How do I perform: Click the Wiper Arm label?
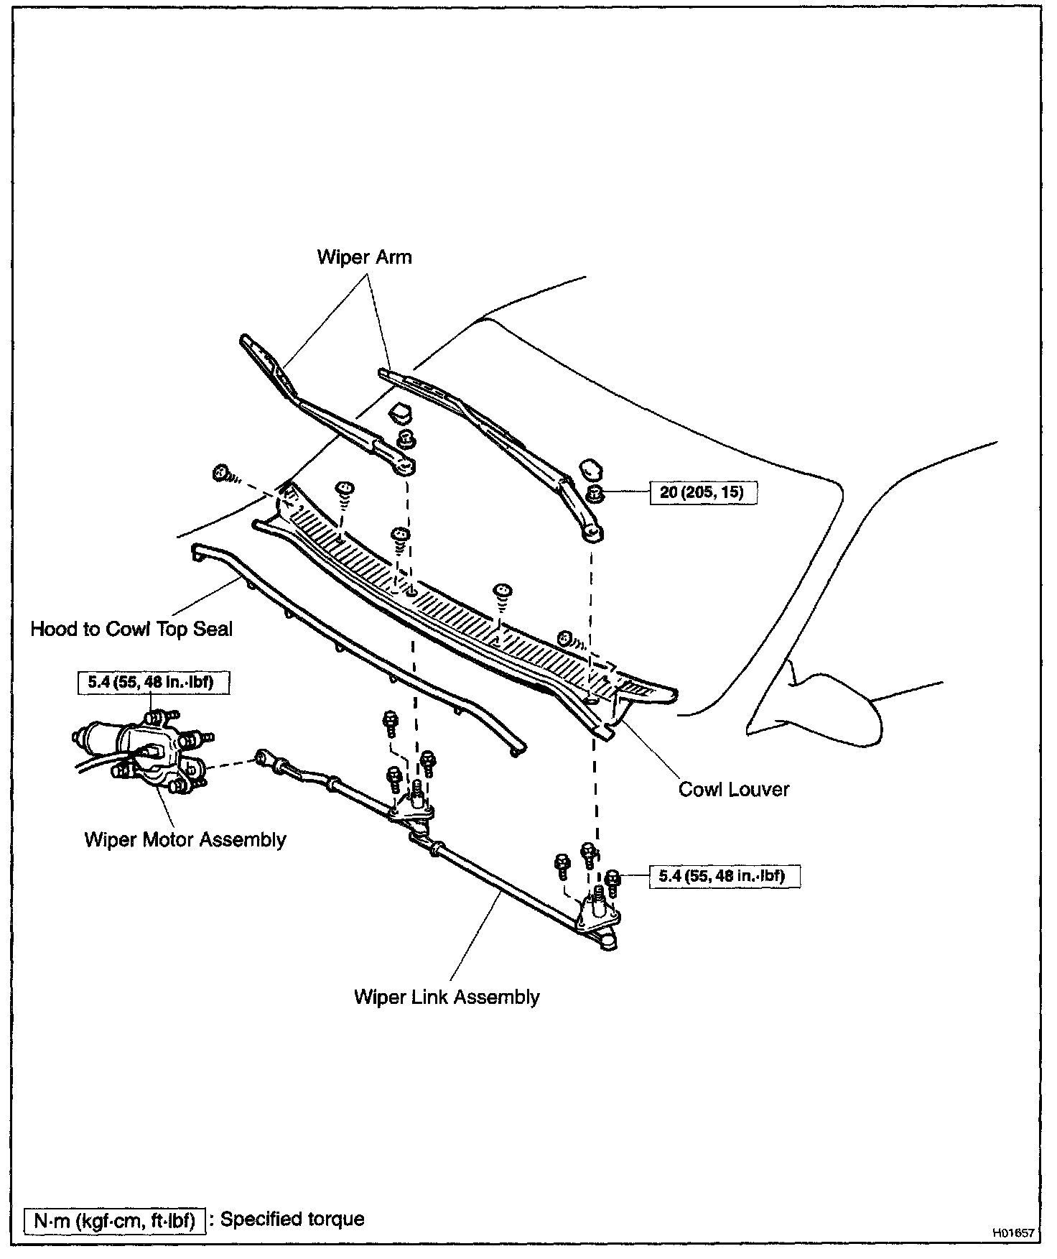click(364, 257)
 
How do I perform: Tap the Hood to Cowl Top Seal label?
click(131, 629)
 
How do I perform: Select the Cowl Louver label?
click(734, 789)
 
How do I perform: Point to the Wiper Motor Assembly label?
click(185, 839)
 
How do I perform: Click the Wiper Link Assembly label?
click(447, 997)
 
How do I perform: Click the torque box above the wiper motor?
click(153, 682)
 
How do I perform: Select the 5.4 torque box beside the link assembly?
click(725, 876)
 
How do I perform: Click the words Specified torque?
click(292, 1219)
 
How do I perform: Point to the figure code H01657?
click(1013, 1233)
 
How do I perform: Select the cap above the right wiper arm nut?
click(591, 469)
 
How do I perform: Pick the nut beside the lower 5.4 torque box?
click(613, 877)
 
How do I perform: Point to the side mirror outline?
click(833, 697)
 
